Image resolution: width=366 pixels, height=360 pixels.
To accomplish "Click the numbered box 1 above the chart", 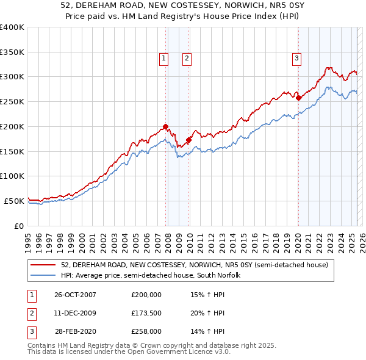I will [164, 59].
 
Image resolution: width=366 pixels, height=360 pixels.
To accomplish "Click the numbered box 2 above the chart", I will [186, 59].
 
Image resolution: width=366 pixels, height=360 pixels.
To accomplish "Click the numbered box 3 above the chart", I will [296, 59].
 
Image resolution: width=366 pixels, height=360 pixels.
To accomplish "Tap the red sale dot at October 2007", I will [166, 126].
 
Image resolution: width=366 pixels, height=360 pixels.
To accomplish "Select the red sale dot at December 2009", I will [188, 140].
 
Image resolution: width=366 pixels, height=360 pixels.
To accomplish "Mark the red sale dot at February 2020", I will [298, 97].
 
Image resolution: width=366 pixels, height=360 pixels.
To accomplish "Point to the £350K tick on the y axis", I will [13, 52].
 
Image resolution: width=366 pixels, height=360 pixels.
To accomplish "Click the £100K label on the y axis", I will [13, 176].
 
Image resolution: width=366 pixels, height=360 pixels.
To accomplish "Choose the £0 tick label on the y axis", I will [18, 225].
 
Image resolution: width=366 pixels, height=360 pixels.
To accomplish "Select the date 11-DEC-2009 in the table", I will [76, 313].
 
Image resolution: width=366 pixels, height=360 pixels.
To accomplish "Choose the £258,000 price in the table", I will [146, 332].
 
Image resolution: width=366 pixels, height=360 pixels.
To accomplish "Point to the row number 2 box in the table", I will [30, 313].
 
